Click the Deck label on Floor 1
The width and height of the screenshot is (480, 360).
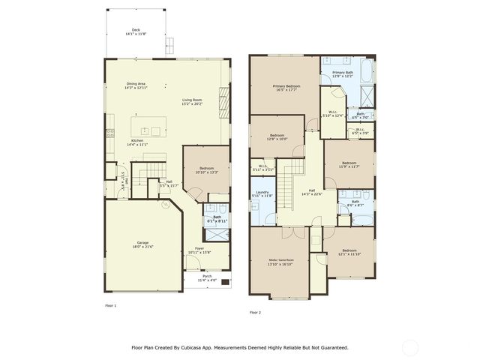[136, 31]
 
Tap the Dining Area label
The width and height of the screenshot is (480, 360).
[136, 85]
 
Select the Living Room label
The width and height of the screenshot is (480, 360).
[192, 101]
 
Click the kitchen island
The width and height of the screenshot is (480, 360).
[148, 124]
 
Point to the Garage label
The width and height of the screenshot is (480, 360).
[142, 244]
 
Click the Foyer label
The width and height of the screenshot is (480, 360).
[199, 250]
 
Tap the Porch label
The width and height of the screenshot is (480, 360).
[207, 277]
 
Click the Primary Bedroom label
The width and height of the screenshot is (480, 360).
[286, 88]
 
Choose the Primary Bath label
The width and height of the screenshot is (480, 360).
[343, 73]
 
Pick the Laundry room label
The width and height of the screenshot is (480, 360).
[262, 193]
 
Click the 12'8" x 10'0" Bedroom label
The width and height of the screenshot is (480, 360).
[277, 136]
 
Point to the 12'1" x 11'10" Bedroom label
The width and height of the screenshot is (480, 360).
[349, 252]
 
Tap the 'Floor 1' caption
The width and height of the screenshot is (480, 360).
[111, 305]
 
